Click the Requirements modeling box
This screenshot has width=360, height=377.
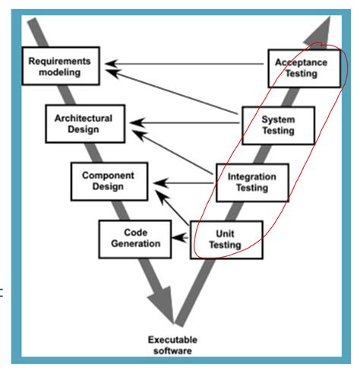(63, 67)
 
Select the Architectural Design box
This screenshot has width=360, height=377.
(84, 124)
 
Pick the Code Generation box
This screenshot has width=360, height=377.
(130, 238)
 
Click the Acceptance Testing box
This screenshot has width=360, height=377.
(301, 68)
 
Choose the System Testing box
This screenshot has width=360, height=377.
(278, 125)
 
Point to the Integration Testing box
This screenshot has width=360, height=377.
(251, 182)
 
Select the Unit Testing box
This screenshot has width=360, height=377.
(226, 239)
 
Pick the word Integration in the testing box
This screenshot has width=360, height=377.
(251, 176)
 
